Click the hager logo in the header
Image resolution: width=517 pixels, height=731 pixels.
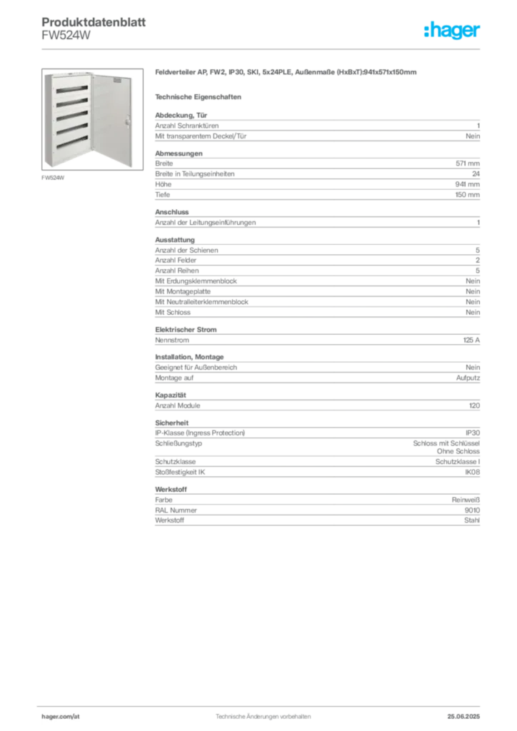(x=451, y=30)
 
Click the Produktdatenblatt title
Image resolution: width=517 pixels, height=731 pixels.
(x=94, y=22)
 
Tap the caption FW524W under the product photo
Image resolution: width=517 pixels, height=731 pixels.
(x=53, y=178)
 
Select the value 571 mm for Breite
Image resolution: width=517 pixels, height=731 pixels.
(x=468, y=163)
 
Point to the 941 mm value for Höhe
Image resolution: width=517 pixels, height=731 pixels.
(x=467, y=184)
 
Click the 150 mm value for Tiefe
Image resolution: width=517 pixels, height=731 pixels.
(x=467, y=194)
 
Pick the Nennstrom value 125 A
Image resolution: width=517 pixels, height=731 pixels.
(x=471, y=340)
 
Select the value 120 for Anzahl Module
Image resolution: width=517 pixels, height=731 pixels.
(x=475, y=405)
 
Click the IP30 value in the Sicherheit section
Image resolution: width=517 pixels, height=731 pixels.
(x=473, y=433)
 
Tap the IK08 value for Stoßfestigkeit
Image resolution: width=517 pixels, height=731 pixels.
(x=472, y=472)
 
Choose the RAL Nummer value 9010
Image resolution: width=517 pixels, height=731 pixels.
(x=472, y=510)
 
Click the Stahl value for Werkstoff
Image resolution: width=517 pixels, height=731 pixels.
(x=472, y=520)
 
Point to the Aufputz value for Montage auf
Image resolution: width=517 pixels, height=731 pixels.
(x=468, y=378)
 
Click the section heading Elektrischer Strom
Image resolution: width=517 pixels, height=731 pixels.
(x=186, y=330)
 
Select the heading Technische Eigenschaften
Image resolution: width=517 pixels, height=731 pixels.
(x=198, y=97)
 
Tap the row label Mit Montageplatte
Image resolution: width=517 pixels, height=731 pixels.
(x=183, y=291)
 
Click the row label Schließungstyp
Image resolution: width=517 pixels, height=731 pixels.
(x=179, y=443)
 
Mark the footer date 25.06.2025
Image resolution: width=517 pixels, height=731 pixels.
(x=463, y=717)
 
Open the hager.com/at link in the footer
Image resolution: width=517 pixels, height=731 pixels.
(x=61, y=717)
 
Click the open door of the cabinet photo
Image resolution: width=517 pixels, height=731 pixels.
(x=112, y=119)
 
